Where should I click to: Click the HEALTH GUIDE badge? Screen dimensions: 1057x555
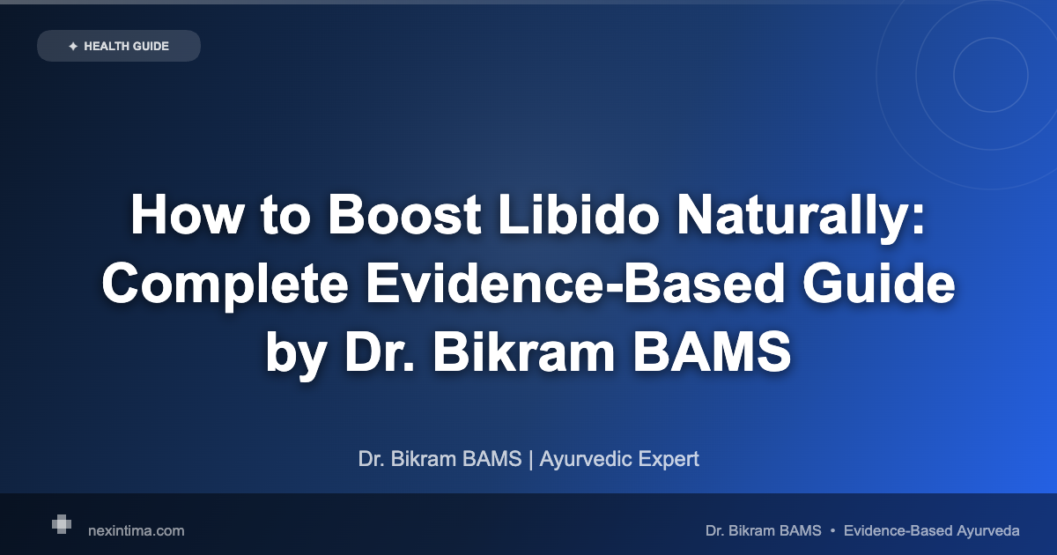[x=119, y=46]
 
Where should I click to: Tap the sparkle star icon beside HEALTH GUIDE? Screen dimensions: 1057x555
[x=73, y=46]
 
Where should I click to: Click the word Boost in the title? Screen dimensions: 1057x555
[x=404, y=215]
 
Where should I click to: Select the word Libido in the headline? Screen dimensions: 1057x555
[x=579, y=215]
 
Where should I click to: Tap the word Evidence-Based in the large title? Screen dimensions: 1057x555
[x=575, y=284]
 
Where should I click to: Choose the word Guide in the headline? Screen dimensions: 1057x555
[x=879, y=284]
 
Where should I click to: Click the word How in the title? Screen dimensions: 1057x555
[x=187, y=215]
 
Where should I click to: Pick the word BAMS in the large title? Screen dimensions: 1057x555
[x=712, y=352]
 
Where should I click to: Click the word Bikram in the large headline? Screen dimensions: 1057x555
[x=524, y=352]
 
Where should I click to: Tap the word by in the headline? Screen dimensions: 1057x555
[x=296, y=355]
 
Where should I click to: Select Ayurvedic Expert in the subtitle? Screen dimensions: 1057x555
[x=619, y=459]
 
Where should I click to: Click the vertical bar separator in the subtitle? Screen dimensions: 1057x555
[x=531, y=460]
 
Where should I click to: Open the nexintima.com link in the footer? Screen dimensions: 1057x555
[x=137, y=531]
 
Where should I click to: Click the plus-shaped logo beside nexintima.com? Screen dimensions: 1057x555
[x=62, y=524]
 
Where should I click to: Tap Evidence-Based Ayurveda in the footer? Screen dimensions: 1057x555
[x=932, y=531]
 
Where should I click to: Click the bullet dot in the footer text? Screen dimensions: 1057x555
[x=832, y=531]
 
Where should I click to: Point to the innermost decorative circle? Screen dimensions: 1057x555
[x=954, y=75]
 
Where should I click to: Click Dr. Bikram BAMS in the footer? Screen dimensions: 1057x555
[x=763, y=531]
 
